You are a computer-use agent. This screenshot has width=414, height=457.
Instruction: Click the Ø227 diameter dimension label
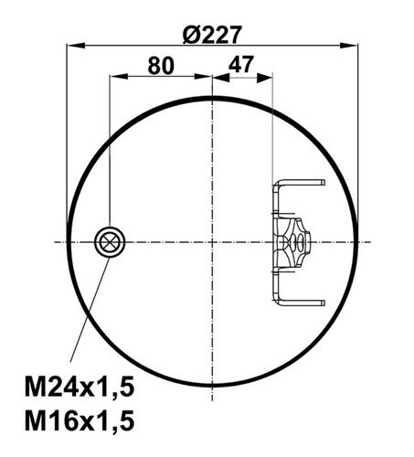click(212, 35)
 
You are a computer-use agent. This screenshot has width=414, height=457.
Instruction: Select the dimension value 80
click(161, 65)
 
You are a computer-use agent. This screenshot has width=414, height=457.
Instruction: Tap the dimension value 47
click(241, 64)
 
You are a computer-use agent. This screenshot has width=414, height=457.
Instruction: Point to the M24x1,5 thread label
click(80, 387)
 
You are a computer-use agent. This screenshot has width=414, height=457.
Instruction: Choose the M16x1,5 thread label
click(80, 420)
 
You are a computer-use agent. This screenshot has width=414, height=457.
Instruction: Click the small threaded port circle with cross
click(110, 242)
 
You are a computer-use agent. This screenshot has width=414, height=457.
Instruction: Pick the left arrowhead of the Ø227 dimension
click(76, 46)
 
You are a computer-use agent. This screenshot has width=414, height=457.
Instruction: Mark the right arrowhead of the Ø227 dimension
click(349, 46)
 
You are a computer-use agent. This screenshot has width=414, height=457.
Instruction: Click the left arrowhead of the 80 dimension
click(119, 76)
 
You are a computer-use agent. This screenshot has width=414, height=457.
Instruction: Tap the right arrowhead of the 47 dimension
click(264, 78)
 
